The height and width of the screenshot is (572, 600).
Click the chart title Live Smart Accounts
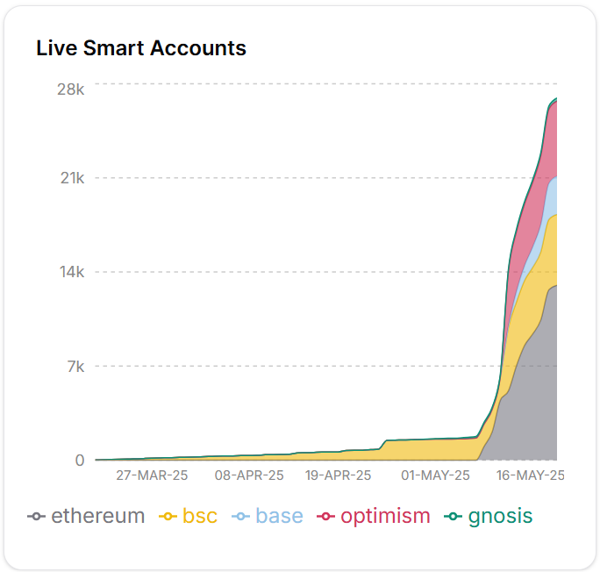click(x=141, y=48)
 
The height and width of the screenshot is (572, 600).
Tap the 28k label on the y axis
click(x=69, y=89)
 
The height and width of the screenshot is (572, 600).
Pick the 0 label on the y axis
click(x=79, y=460)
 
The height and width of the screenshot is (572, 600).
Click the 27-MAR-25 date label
click(x=152, y=475)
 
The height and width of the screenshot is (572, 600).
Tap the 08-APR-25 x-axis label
click(x=249, y=475)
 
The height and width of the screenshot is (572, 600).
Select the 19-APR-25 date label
click(x=338, y=475)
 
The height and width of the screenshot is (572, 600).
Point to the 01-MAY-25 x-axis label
click(x=435, y=475)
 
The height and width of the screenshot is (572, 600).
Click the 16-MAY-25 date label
click(x=530, y=475)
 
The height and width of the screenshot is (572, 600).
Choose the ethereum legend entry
click(x=87, y=516)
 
